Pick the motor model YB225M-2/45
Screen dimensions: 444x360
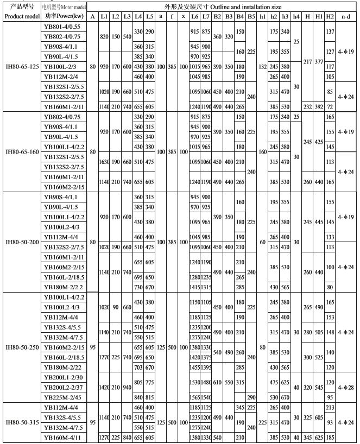(x=61, y=396)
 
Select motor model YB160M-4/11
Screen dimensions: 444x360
(x=61, y=436)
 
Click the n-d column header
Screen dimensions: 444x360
(x=345, y=16)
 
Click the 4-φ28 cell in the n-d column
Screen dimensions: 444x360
(x=345, y=386)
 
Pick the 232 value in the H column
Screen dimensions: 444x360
(x=308, y=107)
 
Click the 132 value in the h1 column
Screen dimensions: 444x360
(x=263, y=66)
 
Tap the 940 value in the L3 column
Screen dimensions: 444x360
(x=127, y=386)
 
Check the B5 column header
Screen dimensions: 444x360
(x=251, y=16)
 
